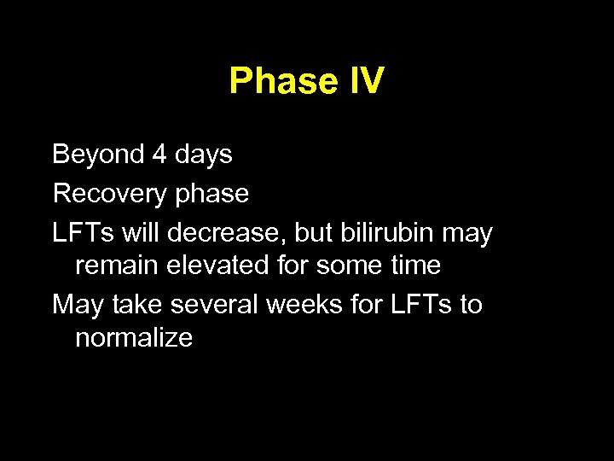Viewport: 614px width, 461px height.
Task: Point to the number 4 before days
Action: pos(159,155)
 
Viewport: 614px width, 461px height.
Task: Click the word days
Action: pos(203,155)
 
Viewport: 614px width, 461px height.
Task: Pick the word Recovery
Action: pos(108,195)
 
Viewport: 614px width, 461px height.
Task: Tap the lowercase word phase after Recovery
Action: pos(210,195)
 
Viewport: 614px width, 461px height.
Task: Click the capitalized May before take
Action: pos(77,306)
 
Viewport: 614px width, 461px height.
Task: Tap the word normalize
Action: pos(134,338)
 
